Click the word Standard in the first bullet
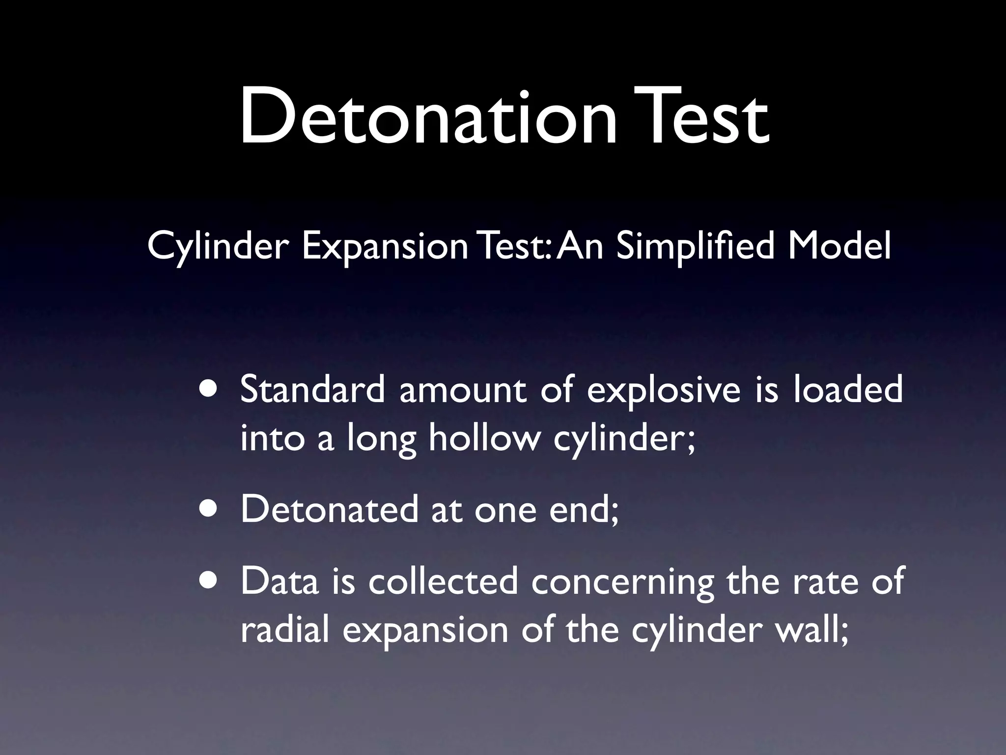click(x=312, y=389)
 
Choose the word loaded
click(x=848, y=389)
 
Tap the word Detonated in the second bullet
click(x=329, y=509)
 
